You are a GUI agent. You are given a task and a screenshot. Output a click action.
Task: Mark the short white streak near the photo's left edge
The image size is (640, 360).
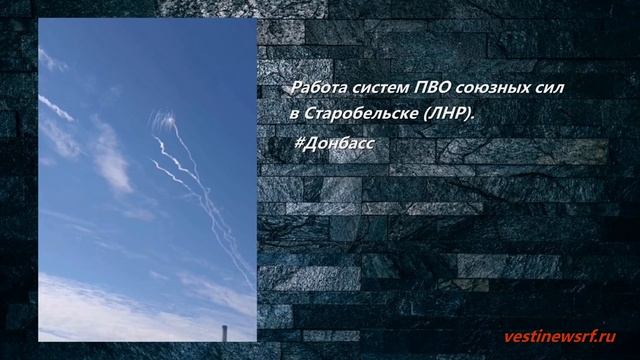point(56,105)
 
